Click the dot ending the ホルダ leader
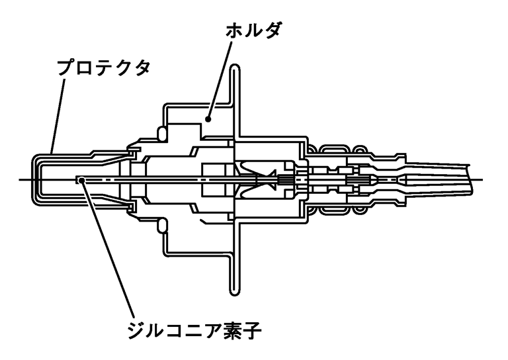[x=208, y=119]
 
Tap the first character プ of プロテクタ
[x=64, y=68]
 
